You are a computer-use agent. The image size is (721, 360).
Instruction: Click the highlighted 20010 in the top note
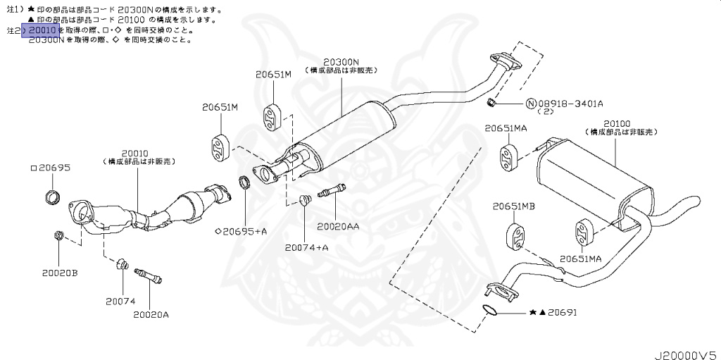42,31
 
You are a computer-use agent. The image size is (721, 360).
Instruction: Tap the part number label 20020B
59,272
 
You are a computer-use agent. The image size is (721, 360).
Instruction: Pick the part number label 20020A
151,314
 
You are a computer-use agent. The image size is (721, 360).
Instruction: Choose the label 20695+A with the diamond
241,231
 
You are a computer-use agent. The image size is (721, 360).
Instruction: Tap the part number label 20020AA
338,226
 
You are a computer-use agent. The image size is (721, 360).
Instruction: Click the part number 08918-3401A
570,104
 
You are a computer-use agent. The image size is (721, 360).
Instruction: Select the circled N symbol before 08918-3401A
531,104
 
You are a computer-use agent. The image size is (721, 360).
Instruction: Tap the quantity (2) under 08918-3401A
546,112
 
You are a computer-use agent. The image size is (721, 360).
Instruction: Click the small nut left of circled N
493,104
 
